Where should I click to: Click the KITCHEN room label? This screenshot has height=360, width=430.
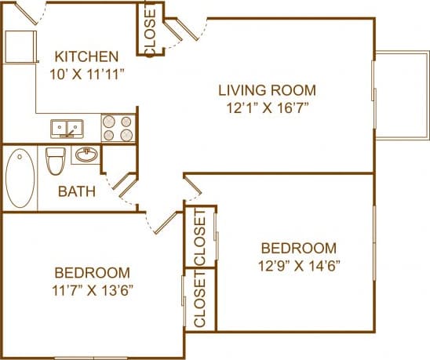click(86, 56)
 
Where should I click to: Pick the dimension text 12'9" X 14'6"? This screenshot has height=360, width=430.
click(300, 264)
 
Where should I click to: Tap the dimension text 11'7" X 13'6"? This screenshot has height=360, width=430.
click(92, 291)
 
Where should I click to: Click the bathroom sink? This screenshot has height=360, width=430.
click(86, 155)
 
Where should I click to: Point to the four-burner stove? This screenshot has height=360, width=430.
click(118, 128)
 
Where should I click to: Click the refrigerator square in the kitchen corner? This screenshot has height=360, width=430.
click(20, 49)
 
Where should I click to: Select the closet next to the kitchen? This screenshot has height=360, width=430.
click(150, 29)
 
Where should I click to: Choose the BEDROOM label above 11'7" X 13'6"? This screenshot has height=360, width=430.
click(92, 273)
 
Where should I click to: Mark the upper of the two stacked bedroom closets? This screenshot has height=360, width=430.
click(199, 238)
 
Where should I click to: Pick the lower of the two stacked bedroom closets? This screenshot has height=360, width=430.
click(199, 301)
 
